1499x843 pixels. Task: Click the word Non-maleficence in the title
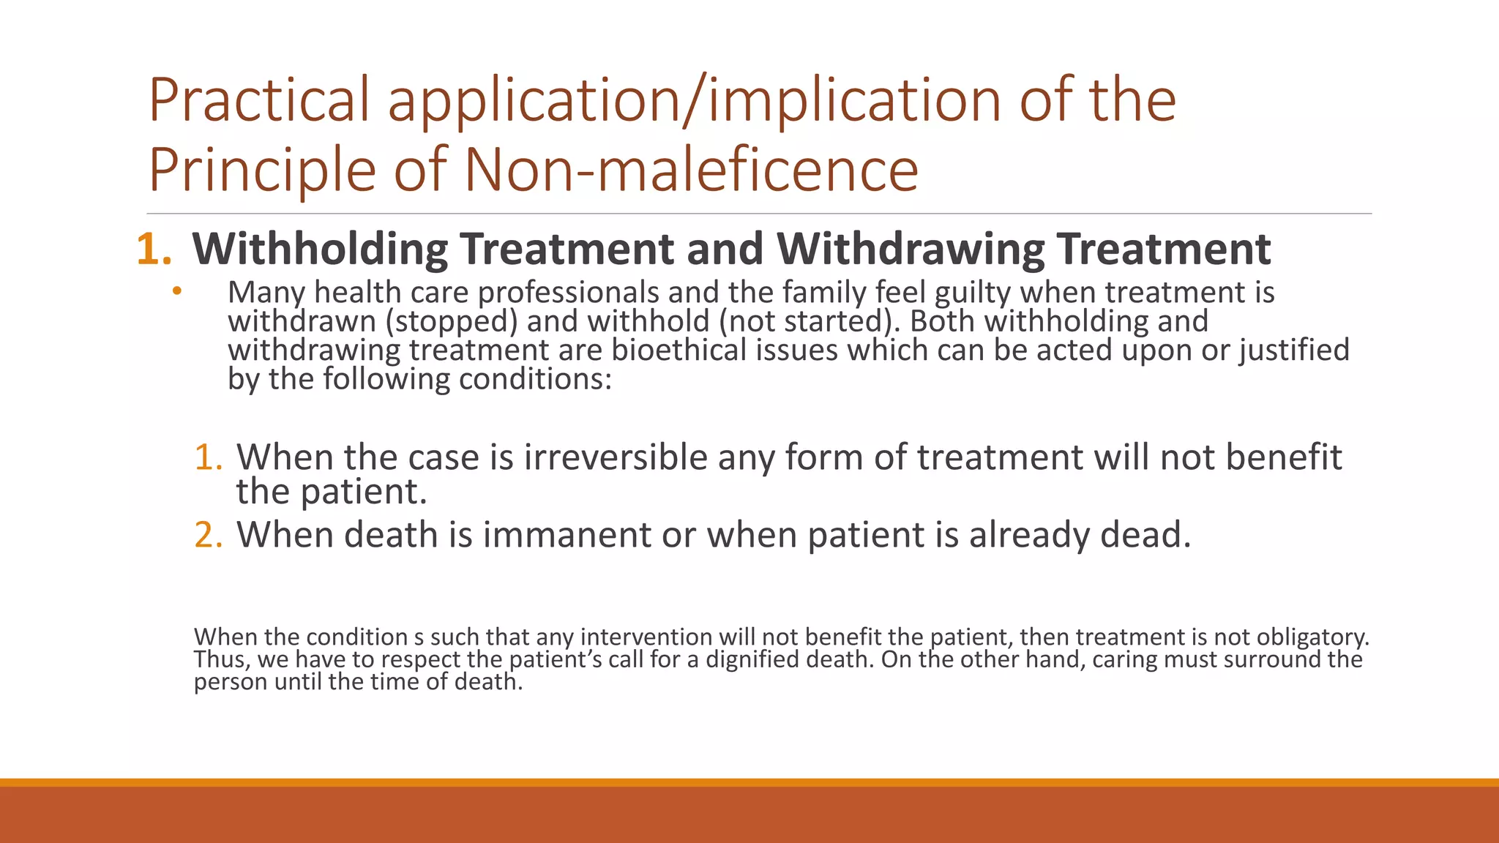click(x=691, y=170)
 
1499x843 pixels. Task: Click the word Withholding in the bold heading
click(x=320, y=249)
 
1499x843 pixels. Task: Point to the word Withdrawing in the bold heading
click(x=911, y=249)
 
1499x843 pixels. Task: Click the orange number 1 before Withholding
click(x=151, y=250)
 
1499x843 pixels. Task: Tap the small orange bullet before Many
click(x=176, y=292)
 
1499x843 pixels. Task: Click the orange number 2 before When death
click(x=207, y=535)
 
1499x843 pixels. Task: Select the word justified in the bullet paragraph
click(x=1293, y=350)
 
